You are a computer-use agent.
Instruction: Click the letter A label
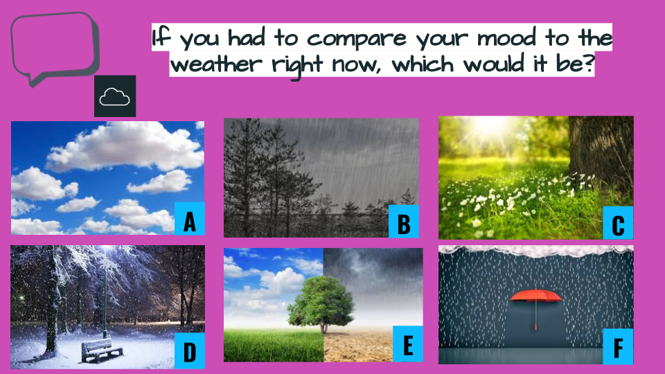coord(190,219)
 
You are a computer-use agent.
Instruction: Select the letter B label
coord(404,222)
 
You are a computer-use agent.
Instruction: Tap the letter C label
coord(618,223)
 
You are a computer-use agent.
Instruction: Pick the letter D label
coord(190,351)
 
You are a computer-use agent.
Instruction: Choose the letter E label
coord(408,344)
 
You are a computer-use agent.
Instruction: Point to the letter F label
coord(618,346)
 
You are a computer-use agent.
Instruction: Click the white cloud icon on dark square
coord(115,96)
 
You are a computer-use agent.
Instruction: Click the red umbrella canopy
coord(536,295)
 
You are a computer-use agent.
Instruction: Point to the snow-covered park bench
coord(101,350)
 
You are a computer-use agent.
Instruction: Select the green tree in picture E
coord(321,302)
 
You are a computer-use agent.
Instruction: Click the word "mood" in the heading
coord(507,38)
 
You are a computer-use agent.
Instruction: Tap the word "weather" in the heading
coord(216,64)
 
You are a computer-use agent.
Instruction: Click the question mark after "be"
coord(588,64)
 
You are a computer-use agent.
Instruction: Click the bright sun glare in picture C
coord(492,127)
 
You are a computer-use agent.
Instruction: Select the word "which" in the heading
coord(423,64)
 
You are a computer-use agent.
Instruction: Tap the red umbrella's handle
coord(536,314)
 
